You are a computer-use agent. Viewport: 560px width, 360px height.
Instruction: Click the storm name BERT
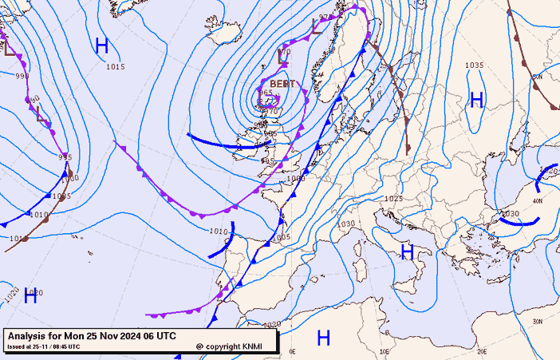[282, 84]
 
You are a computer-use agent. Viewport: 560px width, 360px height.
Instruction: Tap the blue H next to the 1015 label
[102, 45]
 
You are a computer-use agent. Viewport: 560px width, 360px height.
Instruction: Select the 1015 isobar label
[116, 67]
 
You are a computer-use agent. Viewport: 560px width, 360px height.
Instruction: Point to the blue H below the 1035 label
[477, 100]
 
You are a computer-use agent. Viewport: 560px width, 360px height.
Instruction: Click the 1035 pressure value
[475, 65]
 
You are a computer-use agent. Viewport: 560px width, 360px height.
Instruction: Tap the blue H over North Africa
[324, 338]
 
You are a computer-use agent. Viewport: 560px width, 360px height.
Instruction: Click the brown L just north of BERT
[282, 57]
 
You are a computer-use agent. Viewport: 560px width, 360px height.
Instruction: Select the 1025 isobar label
[393, 199]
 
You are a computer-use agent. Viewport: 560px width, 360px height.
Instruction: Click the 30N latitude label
[537, 321]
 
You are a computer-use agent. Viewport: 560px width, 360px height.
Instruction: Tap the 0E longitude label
[292, 351]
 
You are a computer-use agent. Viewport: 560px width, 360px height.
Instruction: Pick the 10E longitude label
[385, 351]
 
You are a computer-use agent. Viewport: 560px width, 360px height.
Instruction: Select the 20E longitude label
[482, 351]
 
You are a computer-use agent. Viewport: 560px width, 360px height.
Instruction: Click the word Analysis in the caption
[30, 336]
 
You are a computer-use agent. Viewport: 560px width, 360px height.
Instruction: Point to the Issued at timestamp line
[43, 346]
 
